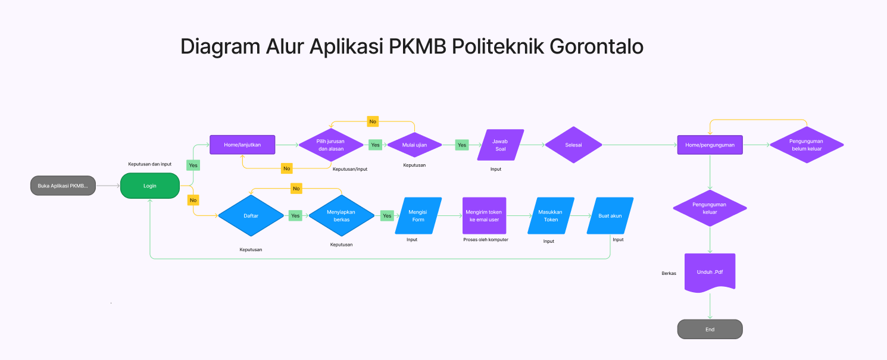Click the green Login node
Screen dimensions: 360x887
(150, 186)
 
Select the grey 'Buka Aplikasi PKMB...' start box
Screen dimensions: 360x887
(63, 186)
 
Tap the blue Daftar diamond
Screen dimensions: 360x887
(251, 215)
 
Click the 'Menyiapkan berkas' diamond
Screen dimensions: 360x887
(341, 215)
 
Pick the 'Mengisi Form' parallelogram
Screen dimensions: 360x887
(418, 215)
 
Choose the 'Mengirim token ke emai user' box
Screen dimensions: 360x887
(484, 215)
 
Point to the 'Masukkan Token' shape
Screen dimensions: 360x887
(551, 215)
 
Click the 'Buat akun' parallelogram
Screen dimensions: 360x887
(610, 215)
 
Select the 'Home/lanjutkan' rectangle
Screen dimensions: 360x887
(242, 145)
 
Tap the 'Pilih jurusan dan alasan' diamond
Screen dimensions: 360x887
(331, 145)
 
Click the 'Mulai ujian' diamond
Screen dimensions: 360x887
(414, 145)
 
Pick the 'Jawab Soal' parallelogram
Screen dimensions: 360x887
(500, 145)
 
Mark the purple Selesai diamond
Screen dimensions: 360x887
(573, 145)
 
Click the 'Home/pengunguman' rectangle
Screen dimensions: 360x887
(710, 145)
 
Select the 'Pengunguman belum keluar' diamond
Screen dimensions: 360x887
(807, 145)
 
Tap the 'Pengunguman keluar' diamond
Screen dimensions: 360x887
(710, 208)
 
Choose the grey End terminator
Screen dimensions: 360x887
(710, 329)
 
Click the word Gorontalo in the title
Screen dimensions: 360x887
(596, 46)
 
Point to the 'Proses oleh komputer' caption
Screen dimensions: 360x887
(486, 239)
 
